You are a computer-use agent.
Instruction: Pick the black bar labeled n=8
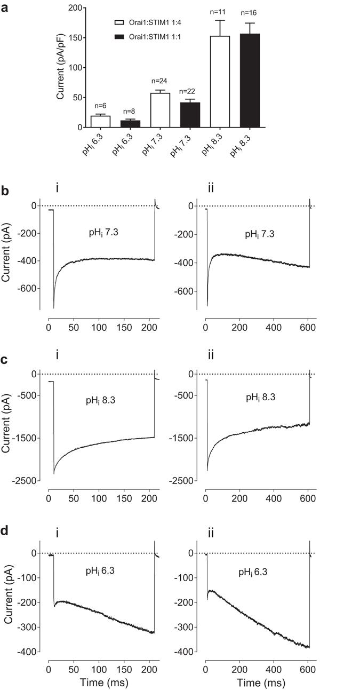tap(130, 124)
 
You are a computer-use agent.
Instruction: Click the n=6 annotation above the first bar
tap(100, 106)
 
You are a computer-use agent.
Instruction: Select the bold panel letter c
tap(5, 360)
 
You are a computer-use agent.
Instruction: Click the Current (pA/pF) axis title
tap(61, 68)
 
